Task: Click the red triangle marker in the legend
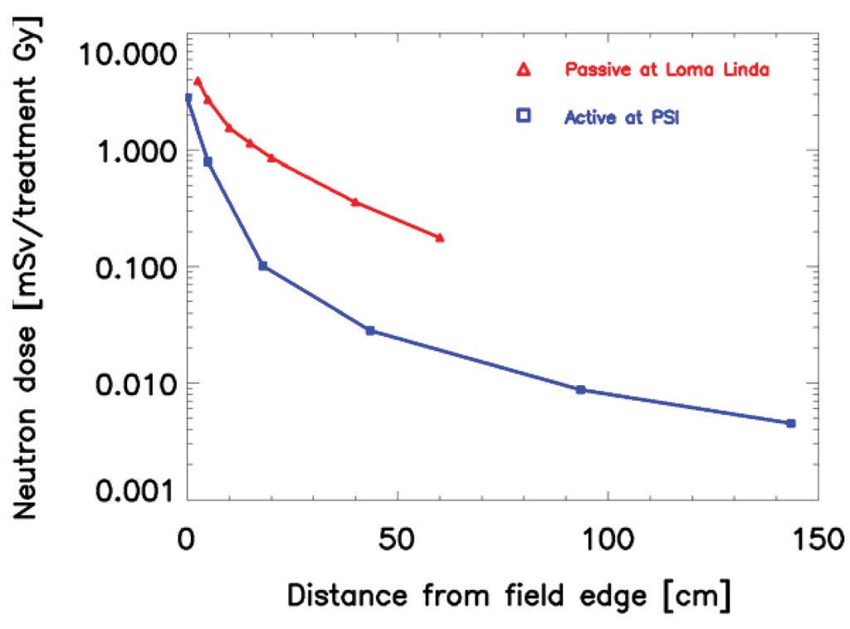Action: pos(523,71)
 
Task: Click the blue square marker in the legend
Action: pos(523,117)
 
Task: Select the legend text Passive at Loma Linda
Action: pos(667,71)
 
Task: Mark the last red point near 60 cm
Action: pos(440,238)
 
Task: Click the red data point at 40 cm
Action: pos(355,202)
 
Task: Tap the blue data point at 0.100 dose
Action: pos(263,266)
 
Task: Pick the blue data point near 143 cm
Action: pos(790,423)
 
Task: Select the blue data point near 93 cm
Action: pos(580,389)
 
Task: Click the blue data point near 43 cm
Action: pos(370,330)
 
